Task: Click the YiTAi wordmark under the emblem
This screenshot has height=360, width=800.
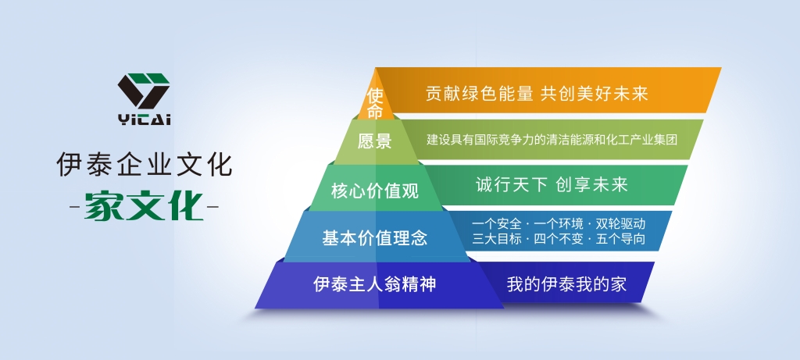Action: [145, 119]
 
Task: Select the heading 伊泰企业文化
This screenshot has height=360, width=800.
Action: [145, 164]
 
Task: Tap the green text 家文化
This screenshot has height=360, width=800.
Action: [145, 206]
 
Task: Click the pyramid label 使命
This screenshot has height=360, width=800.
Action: [375, 103]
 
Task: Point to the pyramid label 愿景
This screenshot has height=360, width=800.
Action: [374, 141]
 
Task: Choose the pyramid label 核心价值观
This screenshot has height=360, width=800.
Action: [375, 191]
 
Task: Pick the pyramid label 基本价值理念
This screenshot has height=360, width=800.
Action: [375, 238]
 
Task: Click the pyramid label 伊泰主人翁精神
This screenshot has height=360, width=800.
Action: [375, 284]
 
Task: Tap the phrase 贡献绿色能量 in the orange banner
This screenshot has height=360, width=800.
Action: [480, 94]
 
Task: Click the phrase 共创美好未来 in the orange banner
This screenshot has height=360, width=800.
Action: [595, 94]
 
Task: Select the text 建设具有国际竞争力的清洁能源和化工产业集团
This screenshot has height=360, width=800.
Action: [552, 139]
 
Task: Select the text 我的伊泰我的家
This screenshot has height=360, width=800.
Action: [566, 284]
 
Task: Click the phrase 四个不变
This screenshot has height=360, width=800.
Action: [559, 239]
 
